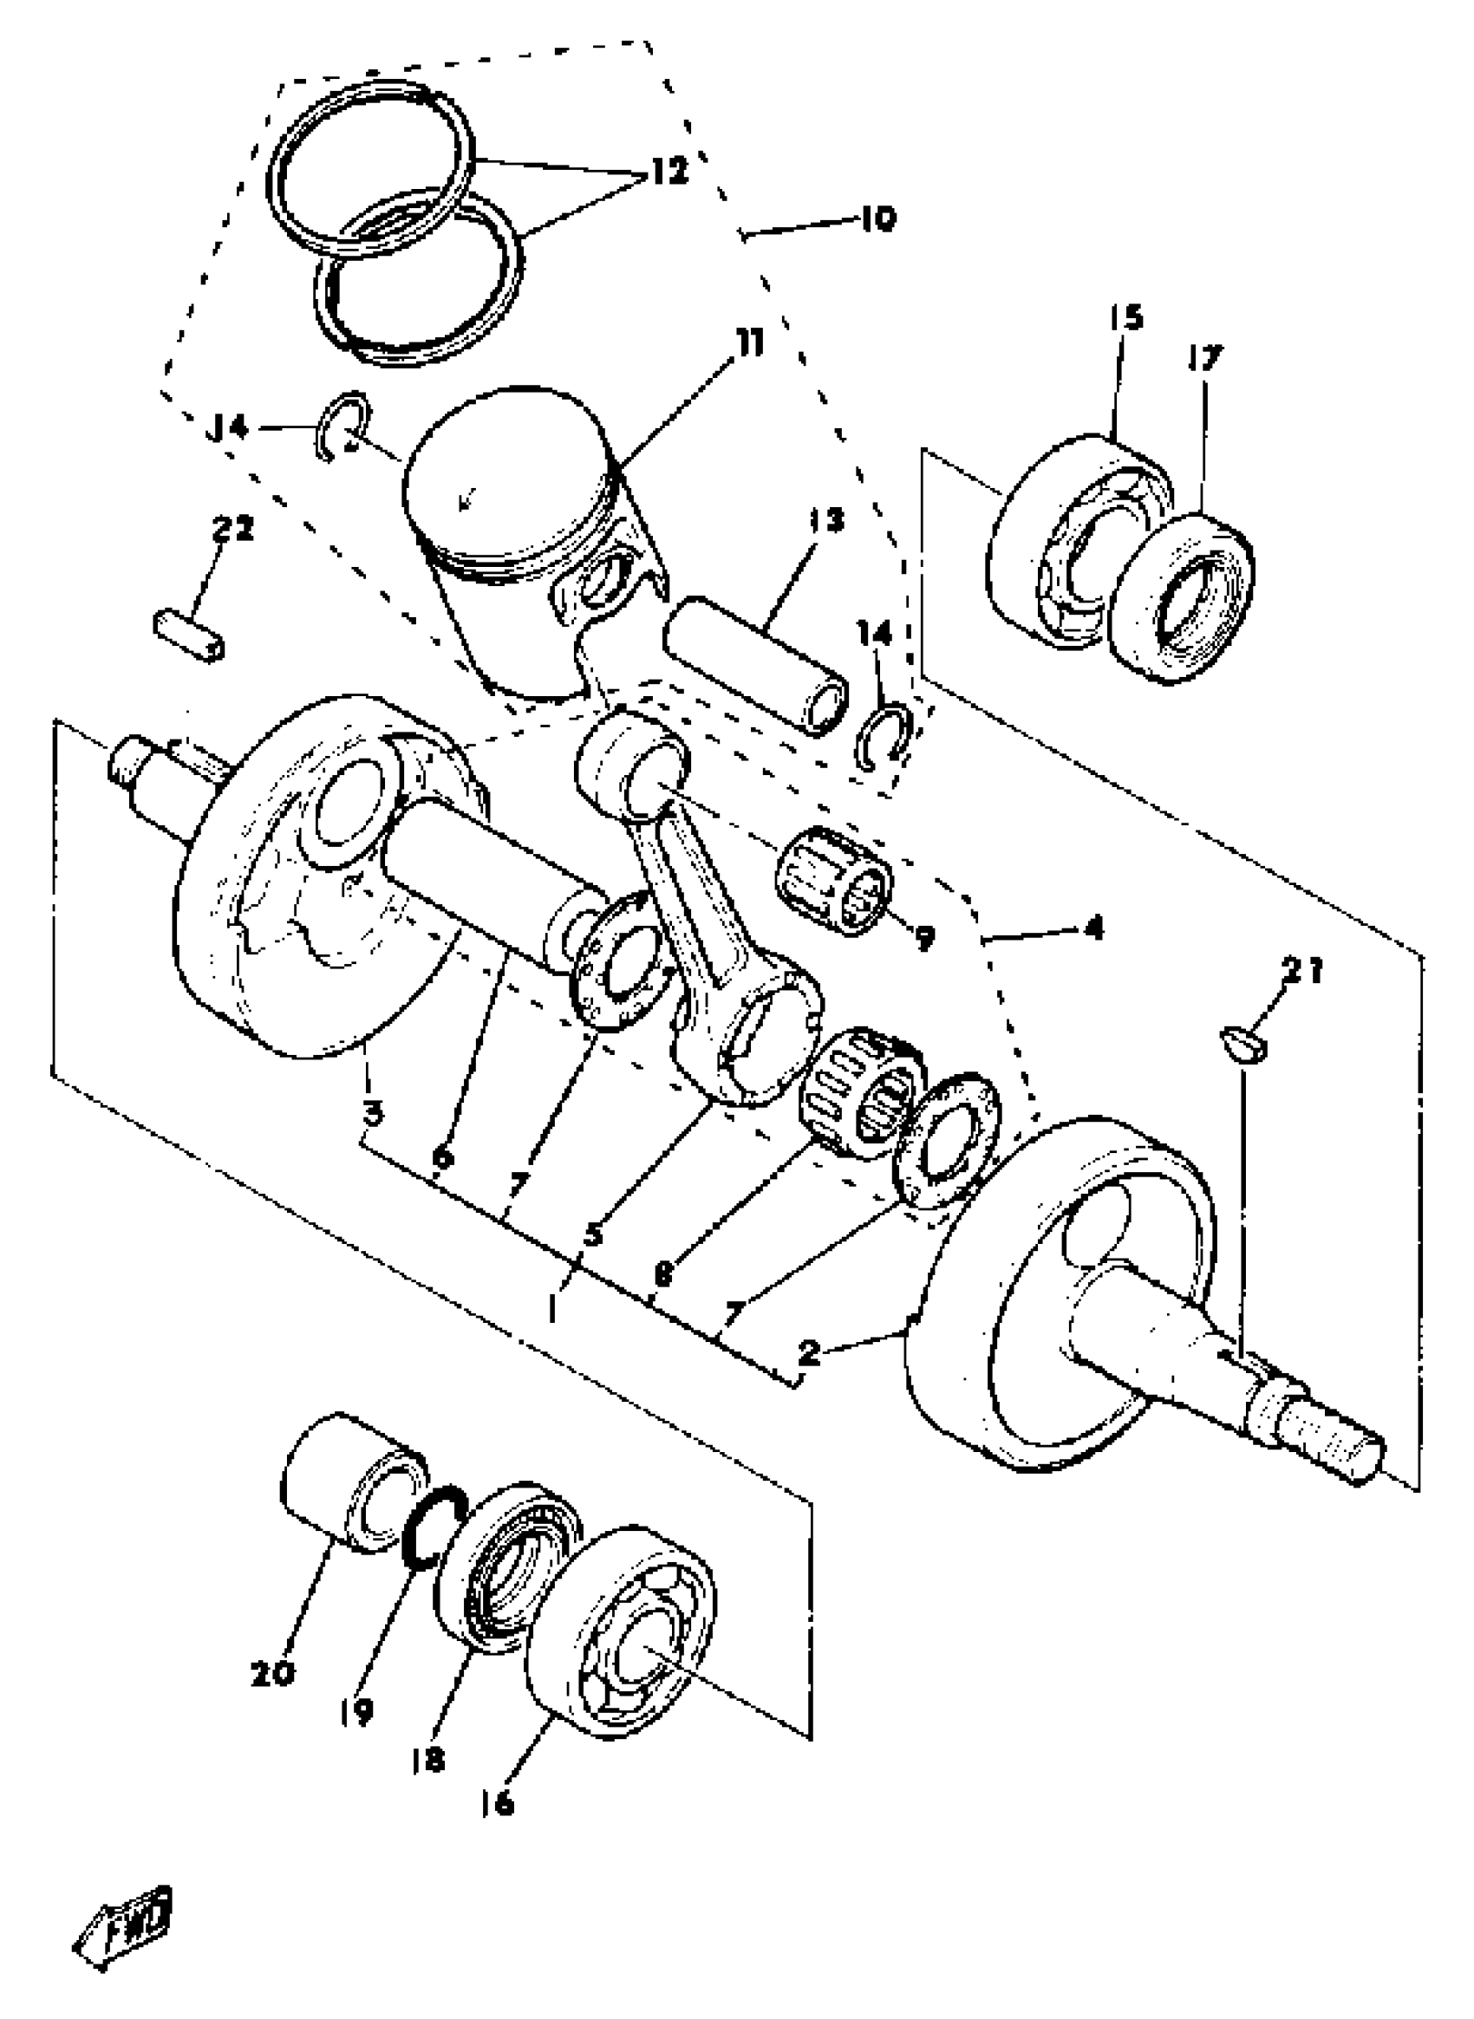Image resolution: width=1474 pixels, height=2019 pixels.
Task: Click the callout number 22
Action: click(233, 528)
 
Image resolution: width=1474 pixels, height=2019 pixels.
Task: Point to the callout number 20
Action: click(272, 1674)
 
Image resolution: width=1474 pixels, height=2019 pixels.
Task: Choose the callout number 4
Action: click(1093, 928)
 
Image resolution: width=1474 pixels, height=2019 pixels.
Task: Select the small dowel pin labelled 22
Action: click(189, 634)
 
